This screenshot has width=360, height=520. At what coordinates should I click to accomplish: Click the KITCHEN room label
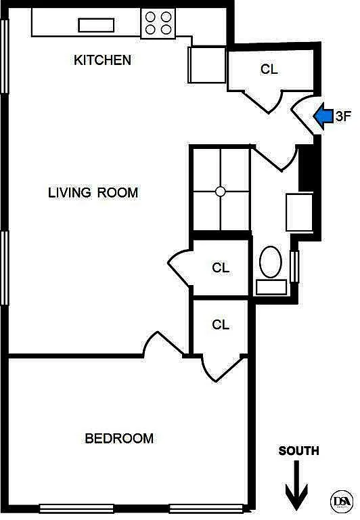(102, 60)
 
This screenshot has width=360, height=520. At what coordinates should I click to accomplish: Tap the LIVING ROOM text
(93, 193)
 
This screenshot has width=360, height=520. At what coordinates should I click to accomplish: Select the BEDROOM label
(119, 439)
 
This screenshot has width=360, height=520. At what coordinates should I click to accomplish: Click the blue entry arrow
(323, 116)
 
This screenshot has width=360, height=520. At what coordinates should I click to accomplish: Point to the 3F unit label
(343, 116)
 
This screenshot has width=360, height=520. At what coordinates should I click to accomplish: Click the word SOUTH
(298, 451)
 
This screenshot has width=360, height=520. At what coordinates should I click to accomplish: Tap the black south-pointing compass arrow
(296, 485)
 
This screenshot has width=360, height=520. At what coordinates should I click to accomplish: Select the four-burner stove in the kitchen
(158, 23)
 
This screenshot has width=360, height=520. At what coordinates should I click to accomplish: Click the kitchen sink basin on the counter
(96, 25)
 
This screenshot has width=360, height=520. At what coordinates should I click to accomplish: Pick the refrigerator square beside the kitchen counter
(207, 65)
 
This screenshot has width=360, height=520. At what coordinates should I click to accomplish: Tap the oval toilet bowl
(271, 261)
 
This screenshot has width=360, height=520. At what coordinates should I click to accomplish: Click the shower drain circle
(221, 192)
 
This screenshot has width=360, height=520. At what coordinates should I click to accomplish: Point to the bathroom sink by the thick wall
(299, 212)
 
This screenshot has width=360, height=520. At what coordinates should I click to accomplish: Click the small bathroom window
(294, 267)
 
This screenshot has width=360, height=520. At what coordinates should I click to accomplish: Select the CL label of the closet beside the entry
(269, 69)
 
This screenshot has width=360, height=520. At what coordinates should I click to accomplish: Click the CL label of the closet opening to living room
(221, 267)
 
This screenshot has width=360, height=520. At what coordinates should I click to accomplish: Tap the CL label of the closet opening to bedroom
(221, 324)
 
